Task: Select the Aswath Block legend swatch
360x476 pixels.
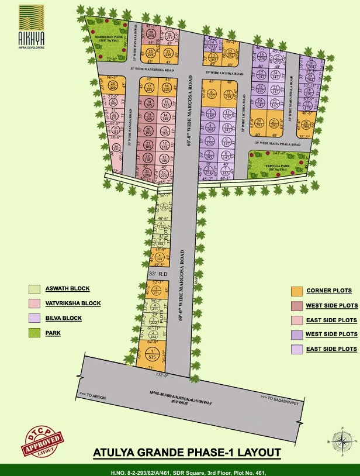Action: click(34, 289)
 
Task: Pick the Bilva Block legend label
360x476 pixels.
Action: click(63, 318)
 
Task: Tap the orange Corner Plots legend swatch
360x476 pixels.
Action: click(296, 291)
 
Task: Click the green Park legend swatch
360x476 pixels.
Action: click(34, 333)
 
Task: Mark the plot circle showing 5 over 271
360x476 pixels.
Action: click(155, 291)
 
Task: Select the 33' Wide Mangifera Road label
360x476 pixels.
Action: click(153, 69)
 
